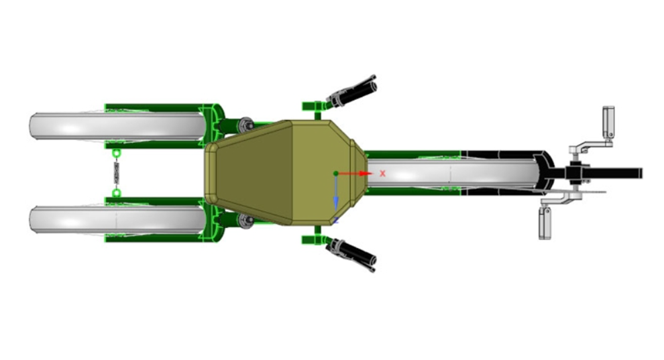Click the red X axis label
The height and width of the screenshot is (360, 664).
[x=382, y=174]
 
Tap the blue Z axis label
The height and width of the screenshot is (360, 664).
[x=336, y=221]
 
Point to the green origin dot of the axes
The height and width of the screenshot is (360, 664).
[x=336, y=174]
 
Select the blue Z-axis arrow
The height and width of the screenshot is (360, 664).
[x=336, y=193]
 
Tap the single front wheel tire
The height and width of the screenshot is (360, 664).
[x=453, y=174]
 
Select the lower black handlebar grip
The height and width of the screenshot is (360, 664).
[x=358, y=256]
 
